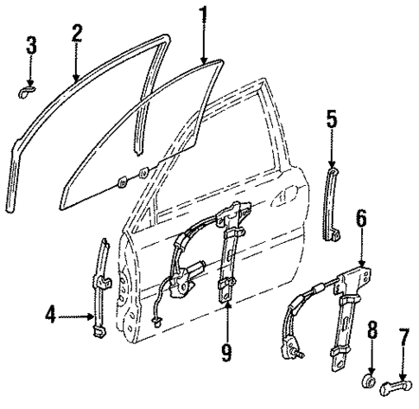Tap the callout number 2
(76, 33)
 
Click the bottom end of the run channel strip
(10, 208)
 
